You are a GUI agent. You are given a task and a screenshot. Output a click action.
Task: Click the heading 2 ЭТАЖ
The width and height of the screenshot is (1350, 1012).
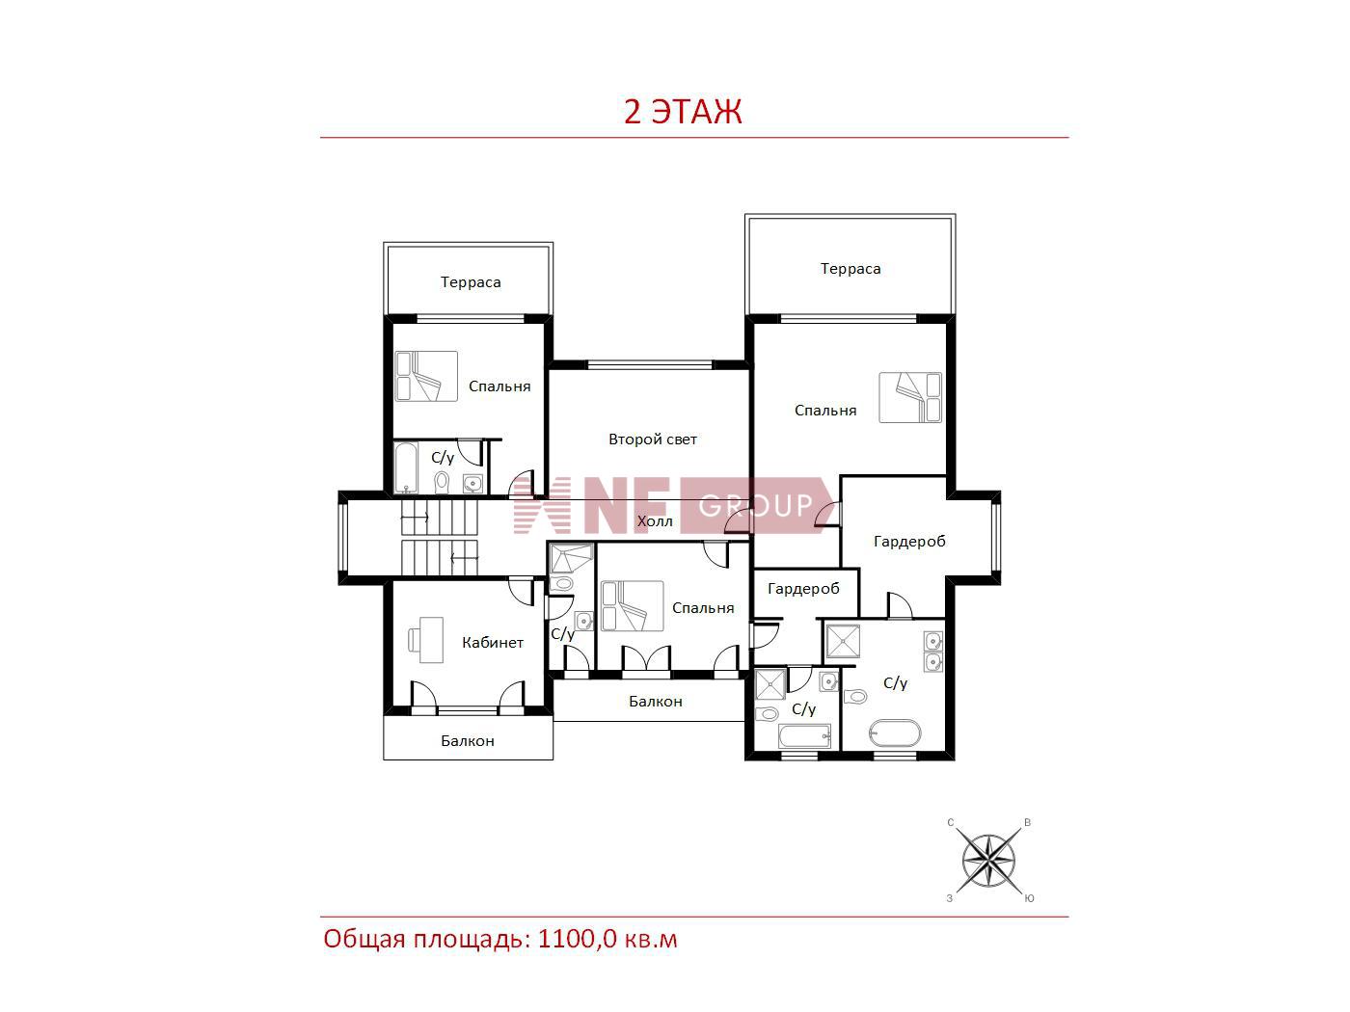[x=683, y=112]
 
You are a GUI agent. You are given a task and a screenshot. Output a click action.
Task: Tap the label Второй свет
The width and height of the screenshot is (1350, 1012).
[x=653, y=439]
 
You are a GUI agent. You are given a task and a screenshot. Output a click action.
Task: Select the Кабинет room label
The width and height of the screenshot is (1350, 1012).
[x=493, y=643]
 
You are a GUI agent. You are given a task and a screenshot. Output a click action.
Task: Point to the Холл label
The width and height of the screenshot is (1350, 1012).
[x=655, y=521]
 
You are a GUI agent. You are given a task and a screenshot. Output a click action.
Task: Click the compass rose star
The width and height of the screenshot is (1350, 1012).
[x=988, y=861]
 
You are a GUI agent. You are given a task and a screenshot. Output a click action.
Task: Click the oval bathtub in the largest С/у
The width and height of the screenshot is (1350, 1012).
[x=895, y=733]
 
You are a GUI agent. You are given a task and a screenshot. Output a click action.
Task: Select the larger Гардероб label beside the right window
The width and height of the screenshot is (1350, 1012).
[x=909, y=542]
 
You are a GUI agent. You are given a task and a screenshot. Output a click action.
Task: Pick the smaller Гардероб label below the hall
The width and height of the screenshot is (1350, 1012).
[x=803, y=589]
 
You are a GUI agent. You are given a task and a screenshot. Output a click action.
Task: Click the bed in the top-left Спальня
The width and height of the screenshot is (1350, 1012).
[x=426, y=376]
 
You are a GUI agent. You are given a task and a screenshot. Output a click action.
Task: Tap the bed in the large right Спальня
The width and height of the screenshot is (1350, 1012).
[x=910, y=397]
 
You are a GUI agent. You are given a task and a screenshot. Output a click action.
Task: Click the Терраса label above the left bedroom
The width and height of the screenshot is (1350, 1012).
[x=471, y=282]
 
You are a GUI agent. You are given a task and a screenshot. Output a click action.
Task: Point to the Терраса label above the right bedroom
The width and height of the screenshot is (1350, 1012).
[x=850, y=269]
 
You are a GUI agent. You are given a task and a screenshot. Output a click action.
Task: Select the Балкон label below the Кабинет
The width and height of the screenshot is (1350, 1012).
[x=468, y=741]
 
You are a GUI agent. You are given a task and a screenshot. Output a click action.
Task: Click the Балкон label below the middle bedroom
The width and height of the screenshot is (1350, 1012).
[x=656, y=702]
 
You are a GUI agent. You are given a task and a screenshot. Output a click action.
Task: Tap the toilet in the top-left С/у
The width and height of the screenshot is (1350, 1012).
[x=441, y=482]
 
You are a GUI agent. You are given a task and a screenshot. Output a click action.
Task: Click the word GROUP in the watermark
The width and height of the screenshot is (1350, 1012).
[x=755, y=505]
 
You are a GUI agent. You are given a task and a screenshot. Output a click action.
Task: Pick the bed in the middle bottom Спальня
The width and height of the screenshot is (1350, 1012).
[x=633, y=606]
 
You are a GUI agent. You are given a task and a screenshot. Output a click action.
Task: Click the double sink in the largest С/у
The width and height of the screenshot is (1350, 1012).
[x=933, y=652]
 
